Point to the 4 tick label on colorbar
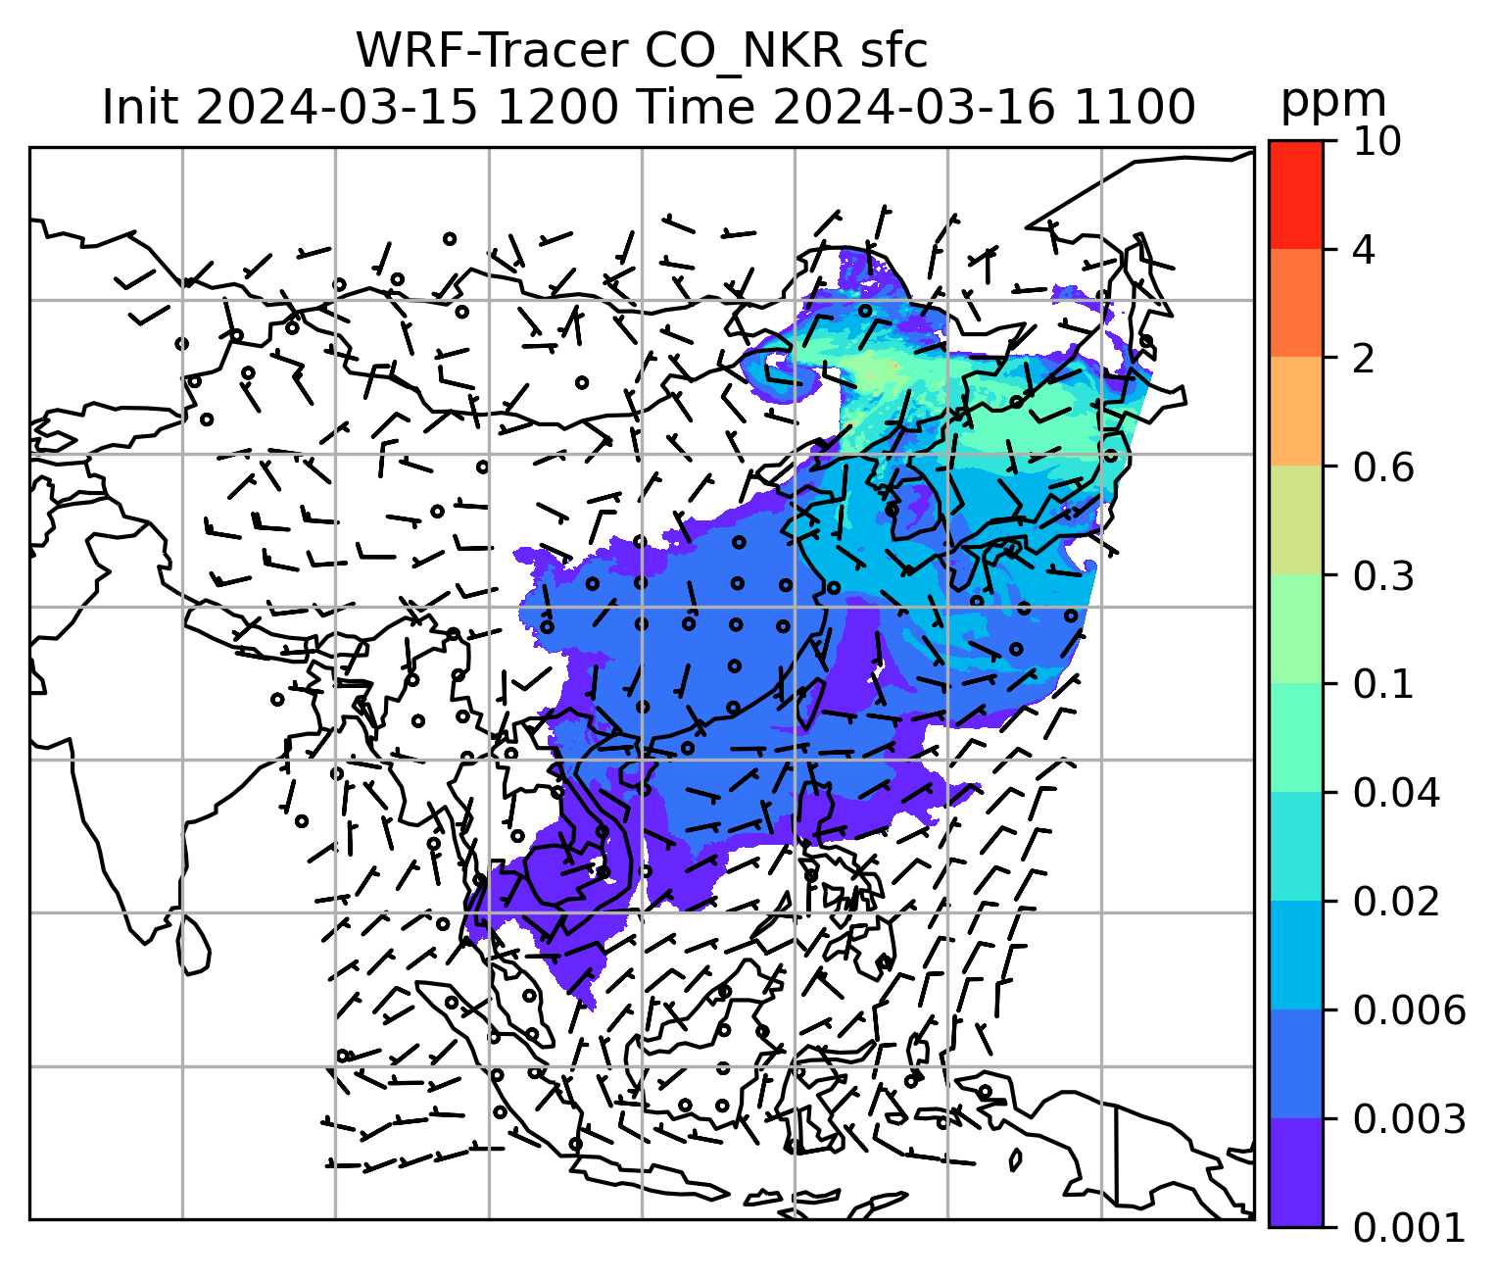pos(1364,250)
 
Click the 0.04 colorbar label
pos(1396,793)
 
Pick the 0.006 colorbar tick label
pos(1409,1009)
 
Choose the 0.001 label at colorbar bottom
pos(1409,1227)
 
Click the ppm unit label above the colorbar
pos(1333,100)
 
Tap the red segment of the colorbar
pos(1295,194)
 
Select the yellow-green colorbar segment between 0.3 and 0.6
pos(1295,520)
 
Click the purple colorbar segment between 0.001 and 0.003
pos(1295,1172)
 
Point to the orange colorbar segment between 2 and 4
pos(1295,303)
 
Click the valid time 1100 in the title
pos(1135,106)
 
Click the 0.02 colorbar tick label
pos(1396,902)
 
